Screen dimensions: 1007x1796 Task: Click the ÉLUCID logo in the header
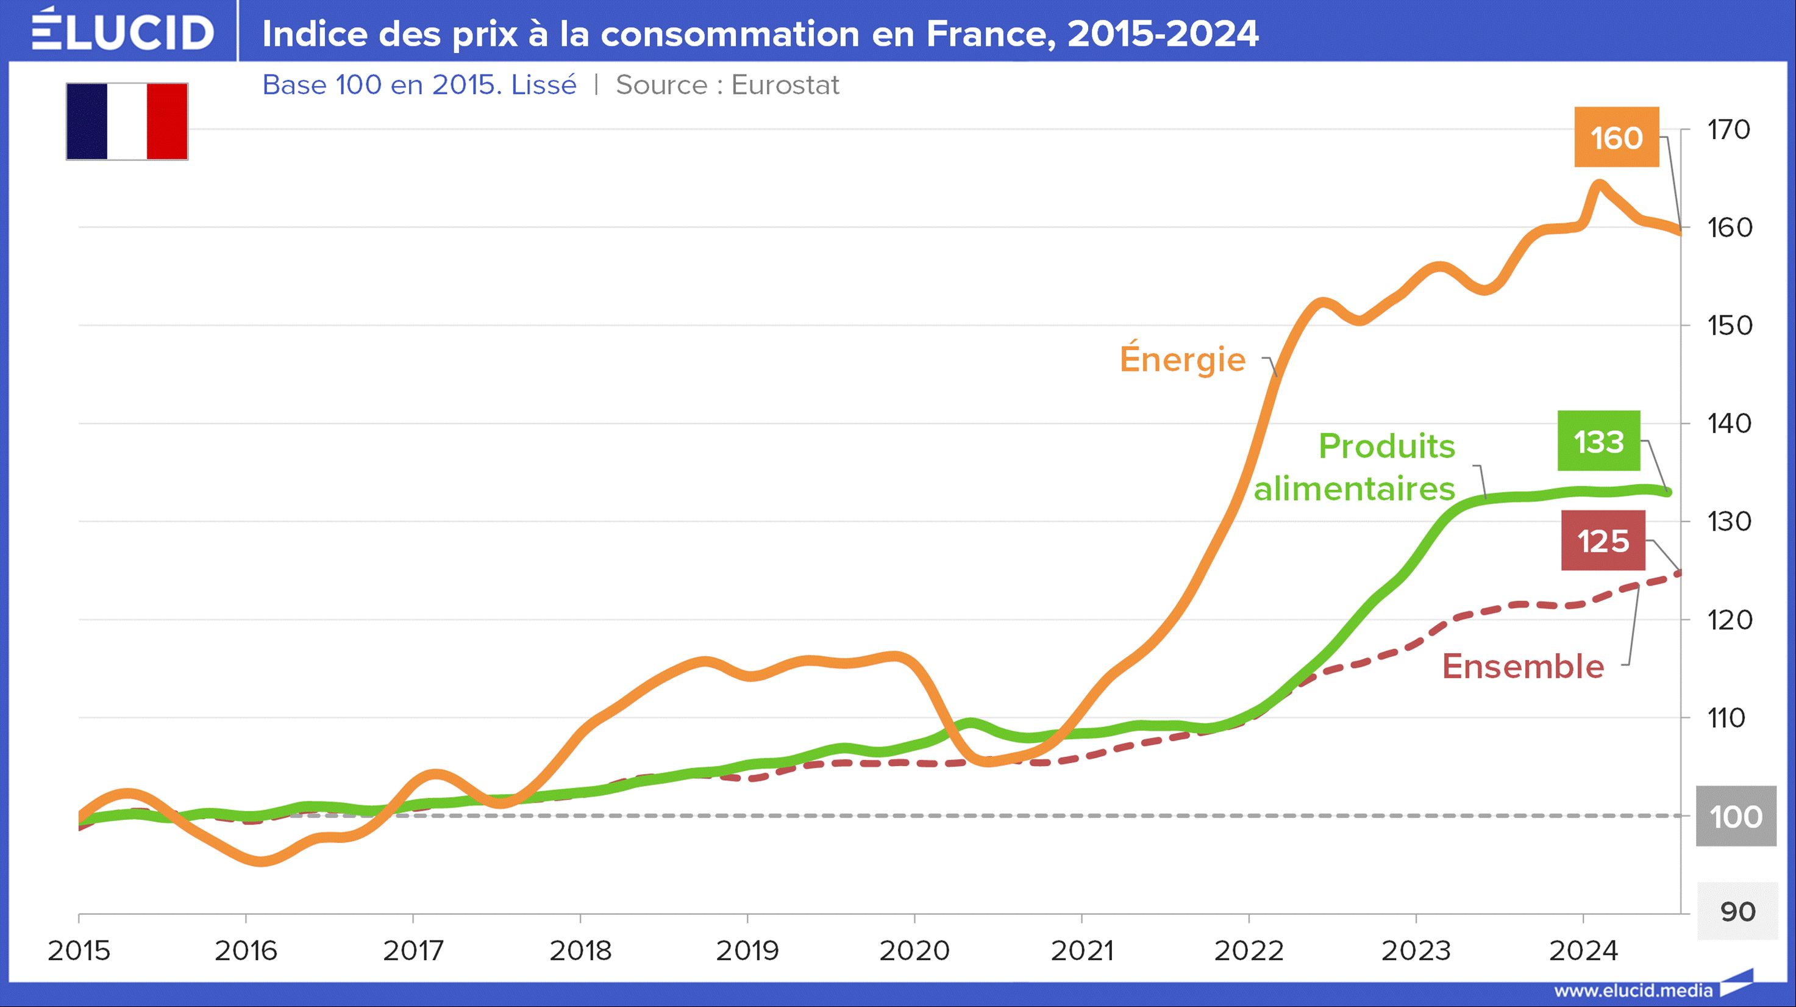pos(123,31)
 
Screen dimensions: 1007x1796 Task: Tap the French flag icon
pos(127,121)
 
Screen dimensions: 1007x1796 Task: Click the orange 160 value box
pos(1616,137)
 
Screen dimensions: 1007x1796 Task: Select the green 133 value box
pos(1598,442)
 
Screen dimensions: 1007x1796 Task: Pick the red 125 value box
pos(1603,541)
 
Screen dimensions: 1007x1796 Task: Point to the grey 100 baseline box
pos(1736,817)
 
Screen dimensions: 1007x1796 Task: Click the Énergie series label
pos(1183,359)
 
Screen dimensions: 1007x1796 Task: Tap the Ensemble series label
pos(1523,666)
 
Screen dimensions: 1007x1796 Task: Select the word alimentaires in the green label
pos(1354,489)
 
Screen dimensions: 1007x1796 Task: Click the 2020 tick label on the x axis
pos(914,950)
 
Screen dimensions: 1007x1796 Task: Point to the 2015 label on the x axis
pos(79,950)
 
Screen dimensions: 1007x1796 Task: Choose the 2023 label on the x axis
pos(1416,950)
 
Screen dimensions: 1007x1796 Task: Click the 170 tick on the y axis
pos(1728,130)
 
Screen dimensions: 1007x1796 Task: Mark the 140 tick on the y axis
pos(1728,423)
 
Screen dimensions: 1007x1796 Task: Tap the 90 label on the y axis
pos(1737,911)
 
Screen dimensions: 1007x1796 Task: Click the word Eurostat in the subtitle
pos(785,85)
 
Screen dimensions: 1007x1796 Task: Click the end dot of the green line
pos(1667,492)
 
